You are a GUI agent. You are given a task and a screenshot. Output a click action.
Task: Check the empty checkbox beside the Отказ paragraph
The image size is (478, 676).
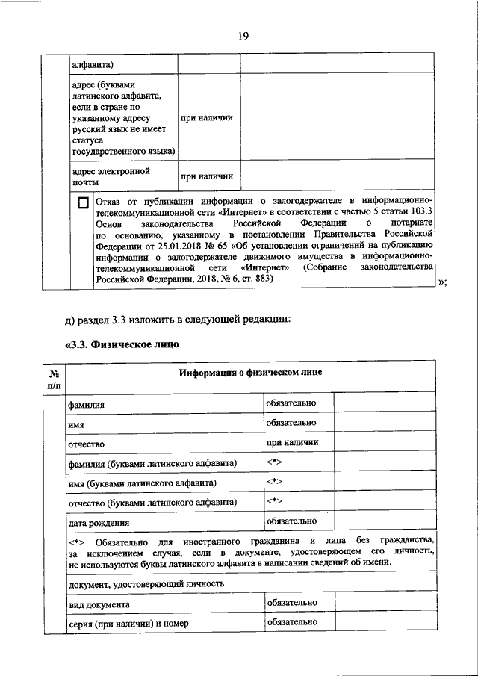[82, 202]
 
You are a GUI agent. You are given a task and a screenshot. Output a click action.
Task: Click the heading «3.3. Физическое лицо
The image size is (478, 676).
[122, 344]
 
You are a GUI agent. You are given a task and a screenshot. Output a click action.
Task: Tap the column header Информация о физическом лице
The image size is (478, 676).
[250, 373]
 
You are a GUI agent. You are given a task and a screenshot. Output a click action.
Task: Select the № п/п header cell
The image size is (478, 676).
[55, 379]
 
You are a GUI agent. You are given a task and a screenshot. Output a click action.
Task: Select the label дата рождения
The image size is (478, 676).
[98, 523]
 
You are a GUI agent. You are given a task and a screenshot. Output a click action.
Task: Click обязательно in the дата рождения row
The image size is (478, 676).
[291, 521]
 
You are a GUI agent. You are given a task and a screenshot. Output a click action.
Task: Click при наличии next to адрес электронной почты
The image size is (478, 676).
[206, 176]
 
